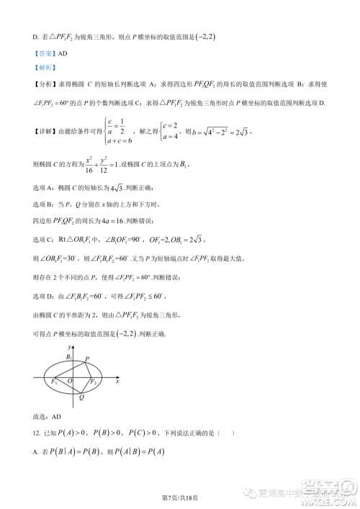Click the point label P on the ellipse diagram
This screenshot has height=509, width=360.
click(89, 359)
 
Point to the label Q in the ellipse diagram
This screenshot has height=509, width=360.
click(81, 397)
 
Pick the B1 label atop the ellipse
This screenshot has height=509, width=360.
click(68, 356)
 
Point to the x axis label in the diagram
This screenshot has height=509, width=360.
click(118, 379)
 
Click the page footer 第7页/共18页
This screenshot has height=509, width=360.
click(179, 497)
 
